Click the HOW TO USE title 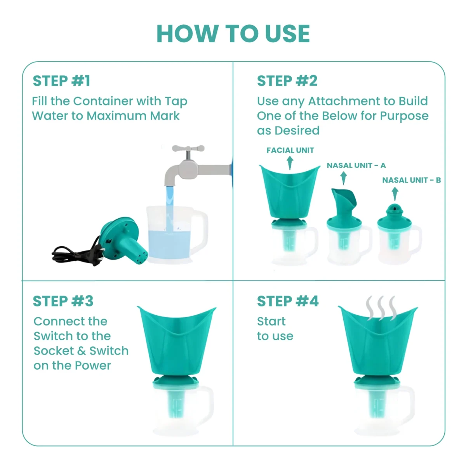click(x=233, y=34)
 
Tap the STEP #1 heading click(x=61, y=81)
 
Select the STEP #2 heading click(x=287, y=81)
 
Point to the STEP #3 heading click(x=63, y=301)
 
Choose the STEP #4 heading click(x=288, y=301)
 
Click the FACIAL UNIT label click(x=290, y=150)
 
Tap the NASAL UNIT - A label click(x=356, y=165)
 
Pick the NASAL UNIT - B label click(x=411, y=180)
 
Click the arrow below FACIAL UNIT click(x=290, y=163)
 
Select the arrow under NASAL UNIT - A click(x=343, y=178)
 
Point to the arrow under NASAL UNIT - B click(x=395, y=194)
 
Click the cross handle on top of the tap click(x=188, y=148)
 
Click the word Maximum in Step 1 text click(x=116, y=116)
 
